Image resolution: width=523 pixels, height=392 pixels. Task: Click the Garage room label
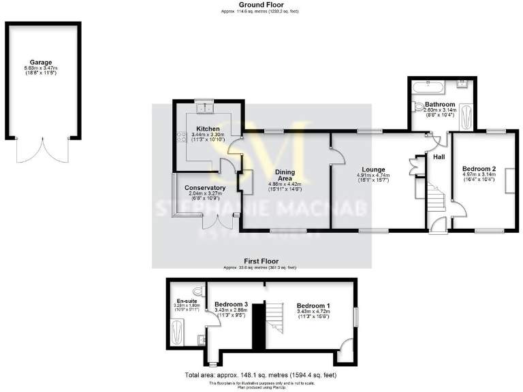click(40, 62)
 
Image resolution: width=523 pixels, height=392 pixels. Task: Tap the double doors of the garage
click(43, 149)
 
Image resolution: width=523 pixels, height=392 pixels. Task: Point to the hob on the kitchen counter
click(182, 135)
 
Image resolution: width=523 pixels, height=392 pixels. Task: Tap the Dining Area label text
click(285, 176)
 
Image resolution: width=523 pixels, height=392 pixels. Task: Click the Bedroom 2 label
click(479, 168)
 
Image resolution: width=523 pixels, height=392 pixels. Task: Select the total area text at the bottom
click(260, 375)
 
